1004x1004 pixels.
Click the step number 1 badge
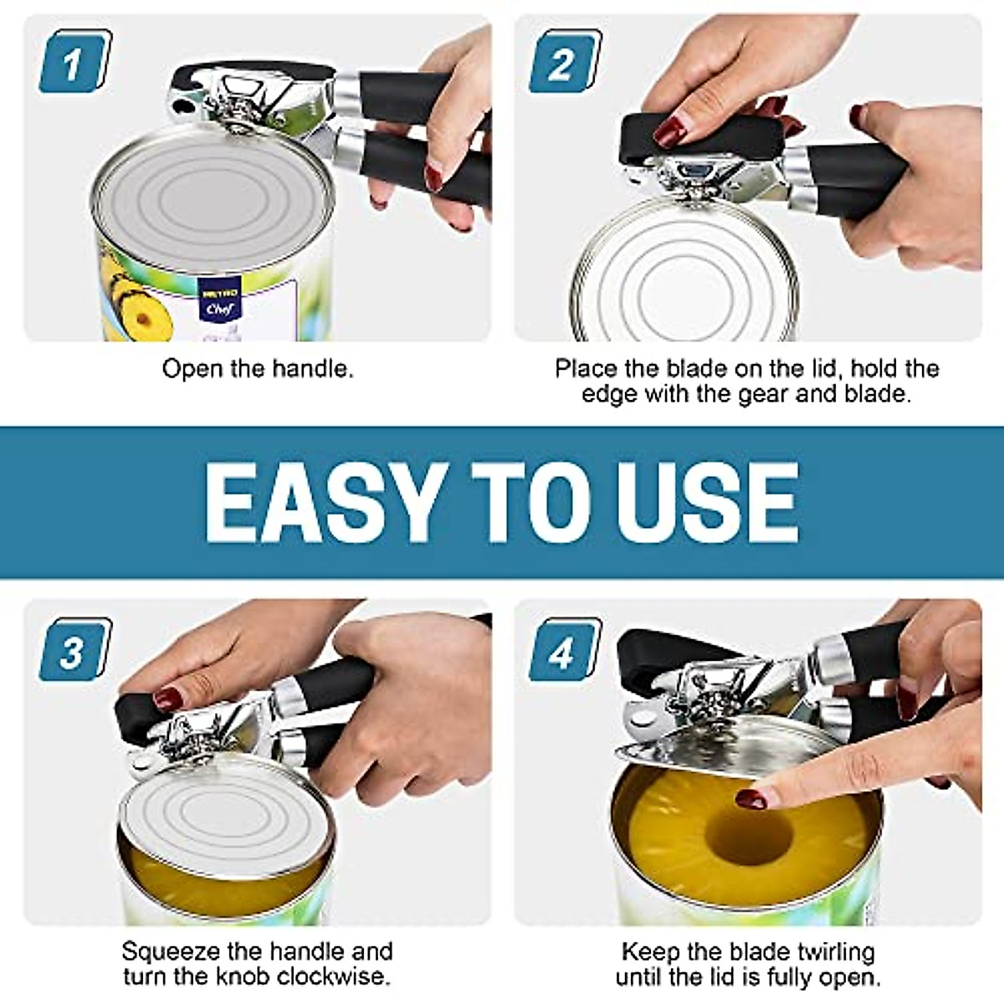click(75, 61)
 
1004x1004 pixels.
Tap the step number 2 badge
click(566, 61)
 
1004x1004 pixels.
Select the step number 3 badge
click(75, 650)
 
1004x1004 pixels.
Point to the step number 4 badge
click(566, 650)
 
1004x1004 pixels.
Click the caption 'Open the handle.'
click(258, 369)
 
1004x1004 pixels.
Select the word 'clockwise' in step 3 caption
click(327, 976)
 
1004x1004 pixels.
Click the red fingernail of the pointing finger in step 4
click(751, 799)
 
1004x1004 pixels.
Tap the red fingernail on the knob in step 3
click(168, 699)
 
